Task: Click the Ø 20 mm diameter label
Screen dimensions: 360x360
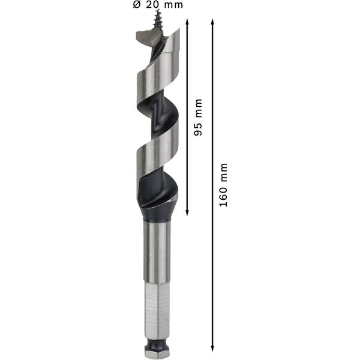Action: tap(158, 5)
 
